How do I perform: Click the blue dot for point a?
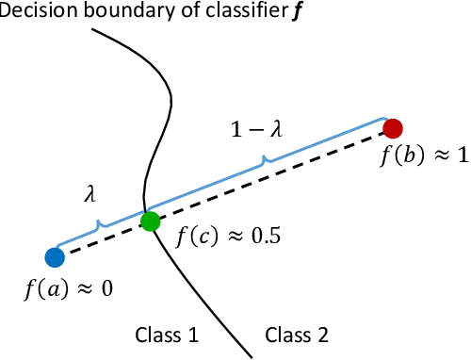pyautogui.click(x=54, y=255)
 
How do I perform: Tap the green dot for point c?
pyautogui.click(x=150, y=222)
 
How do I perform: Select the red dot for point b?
pyautogui.click(x=394, y=128)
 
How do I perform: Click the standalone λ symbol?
pyautogui.click(x=90, y=193)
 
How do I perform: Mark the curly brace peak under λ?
pyautogui.click(x=98, y=223)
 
